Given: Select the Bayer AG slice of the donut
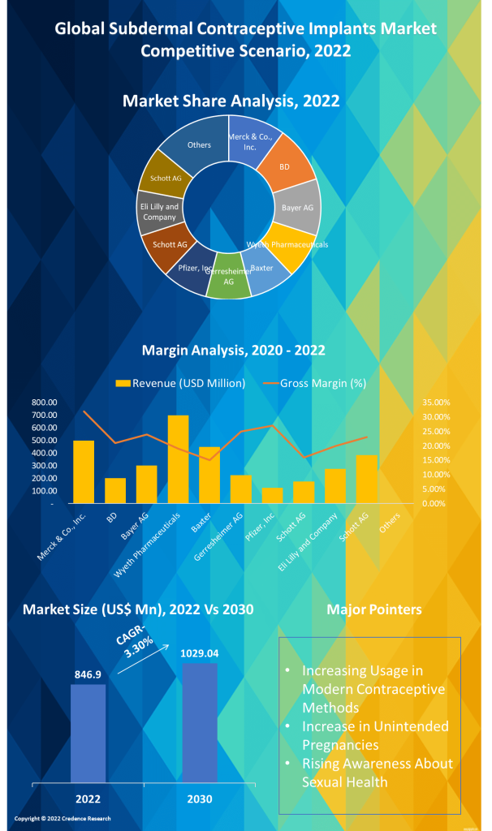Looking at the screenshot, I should click(296, 207).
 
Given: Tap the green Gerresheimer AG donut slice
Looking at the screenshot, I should click(229, 283).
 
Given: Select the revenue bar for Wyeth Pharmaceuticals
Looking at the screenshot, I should click(178, 459).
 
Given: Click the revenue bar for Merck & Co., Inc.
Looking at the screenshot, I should click(84, 471).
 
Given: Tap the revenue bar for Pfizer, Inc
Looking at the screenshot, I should click(272, 495).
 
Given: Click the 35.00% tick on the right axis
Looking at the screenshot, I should click(437, 403).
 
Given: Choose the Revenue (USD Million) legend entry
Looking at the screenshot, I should click(179, 383).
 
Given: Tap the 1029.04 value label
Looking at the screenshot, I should click(199, 653).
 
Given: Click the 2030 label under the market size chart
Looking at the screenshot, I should click(199, 799).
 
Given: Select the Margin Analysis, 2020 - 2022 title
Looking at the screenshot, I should click(234, 351).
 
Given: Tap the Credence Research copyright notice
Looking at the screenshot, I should click(63, 819).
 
